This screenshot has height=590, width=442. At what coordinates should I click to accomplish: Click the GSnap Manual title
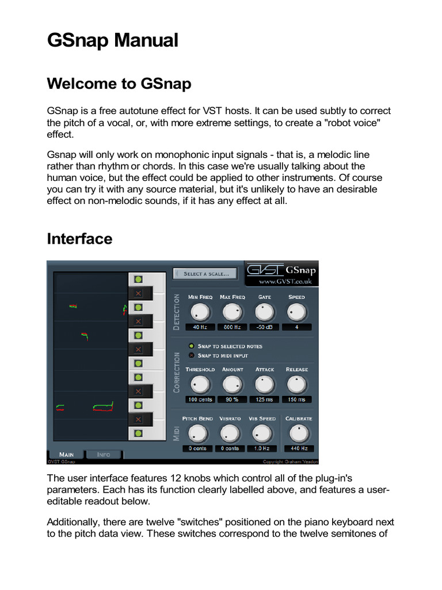tap(112, 41)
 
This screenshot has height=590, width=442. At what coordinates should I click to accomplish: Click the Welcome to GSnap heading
tap(119, 84)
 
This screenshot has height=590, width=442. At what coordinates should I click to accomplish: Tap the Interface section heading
tap(79, 239)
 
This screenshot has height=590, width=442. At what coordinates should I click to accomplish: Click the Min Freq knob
tap(199, 312)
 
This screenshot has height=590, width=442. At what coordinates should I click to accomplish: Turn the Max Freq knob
tap(232, 312)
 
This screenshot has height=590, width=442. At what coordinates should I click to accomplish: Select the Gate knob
tap(264, 312)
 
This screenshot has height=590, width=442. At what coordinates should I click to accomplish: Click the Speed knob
tap(297, 312)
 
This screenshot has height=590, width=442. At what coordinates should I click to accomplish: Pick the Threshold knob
tap(199, 384)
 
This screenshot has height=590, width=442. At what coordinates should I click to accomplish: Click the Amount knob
tap(232, 384)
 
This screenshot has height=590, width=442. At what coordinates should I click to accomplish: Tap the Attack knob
tap(264, 384)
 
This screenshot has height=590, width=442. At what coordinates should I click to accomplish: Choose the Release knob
tap(297, 384)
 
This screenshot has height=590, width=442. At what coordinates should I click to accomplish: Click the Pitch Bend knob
tap(197, 433)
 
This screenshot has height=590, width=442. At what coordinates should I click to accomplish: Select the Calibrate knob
tap(299, 433)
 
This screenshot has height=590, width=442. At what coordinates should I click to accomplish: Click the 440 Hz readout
tap(299, 448)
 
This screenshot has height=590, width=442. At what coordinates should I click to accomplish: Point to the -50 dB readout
tap(264, 327)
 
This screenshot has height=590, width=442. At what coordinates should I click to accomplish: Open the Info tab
tap(104, 455)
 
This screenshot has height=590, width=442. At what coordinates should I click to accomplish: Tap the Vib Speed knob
tap(262, 433)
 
